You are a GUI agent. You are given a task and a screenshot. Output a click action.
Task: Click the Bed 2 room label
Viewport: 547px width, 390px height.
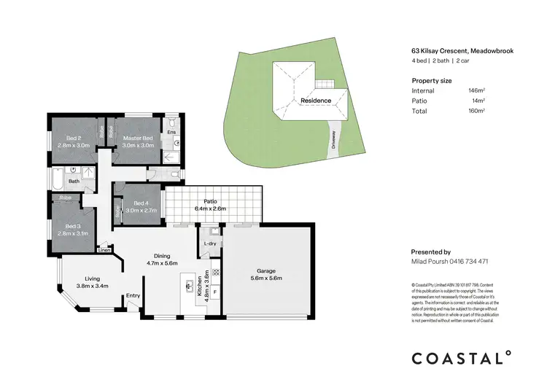73,138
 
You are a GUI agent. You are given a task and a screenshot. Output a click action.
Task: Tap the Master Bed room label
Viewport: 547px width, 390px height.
137,138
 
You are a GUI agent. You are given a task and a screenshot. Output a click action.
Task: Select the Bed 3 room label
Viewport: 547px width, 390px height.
73,227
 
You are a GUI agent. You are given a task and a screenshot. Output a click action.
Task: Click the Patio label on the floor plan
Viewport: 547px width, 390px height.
212,201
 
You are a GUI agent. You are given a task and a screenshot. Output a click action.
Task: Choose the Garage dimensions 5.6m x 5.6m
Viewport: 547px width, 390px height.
265,278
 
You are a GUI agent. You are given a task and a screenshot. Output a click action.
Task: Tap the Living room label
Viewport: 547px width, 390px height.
92,278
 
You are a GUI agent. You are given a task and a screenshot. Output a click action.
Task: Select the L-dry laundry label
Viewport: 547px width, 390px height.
210,243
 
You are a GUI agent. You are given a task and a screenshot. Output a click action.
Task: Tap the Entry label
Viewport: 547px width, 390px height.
133,295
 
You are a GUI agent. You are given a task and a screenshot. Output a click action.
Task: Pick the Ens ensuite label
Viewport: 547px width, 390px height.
171,132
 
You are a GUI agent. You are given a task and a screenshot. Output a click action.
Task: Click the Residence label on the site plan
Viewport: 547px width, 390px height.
316,101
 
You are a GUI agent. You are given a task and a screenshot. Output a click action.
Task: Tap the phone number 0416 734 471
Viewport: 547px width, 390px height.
468,261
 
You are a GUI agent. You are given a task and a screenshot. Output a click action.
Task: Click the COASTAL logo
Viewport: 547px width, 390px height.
458,358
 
